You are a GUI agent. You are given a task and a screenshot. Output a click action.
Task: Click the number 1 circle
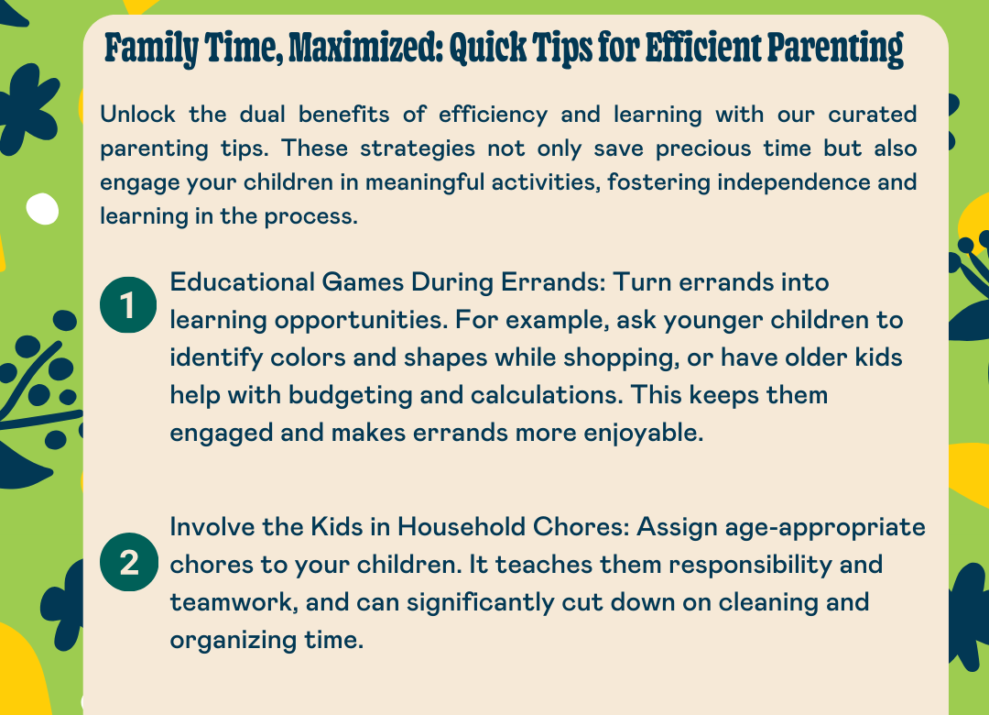(x=128, y=305)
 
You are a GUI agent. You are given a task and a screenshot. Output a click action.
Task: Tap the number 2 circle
(x=129, y=562)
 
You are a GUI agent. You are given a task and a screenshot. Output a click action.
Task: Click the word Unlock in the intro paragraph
(x=137, y=115)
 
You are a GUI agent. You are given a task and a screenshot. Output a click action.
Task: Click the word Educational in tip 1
(x=242, y=281)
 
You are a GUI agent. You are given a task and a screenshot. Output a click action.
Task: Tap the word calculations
(x=547, y=395)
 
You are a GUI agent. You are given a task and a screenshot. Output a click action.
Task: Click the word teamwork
(x=234, y=602)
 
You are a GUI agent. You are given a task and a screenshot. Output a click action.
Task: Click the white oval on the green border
(x=42, y=208)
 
